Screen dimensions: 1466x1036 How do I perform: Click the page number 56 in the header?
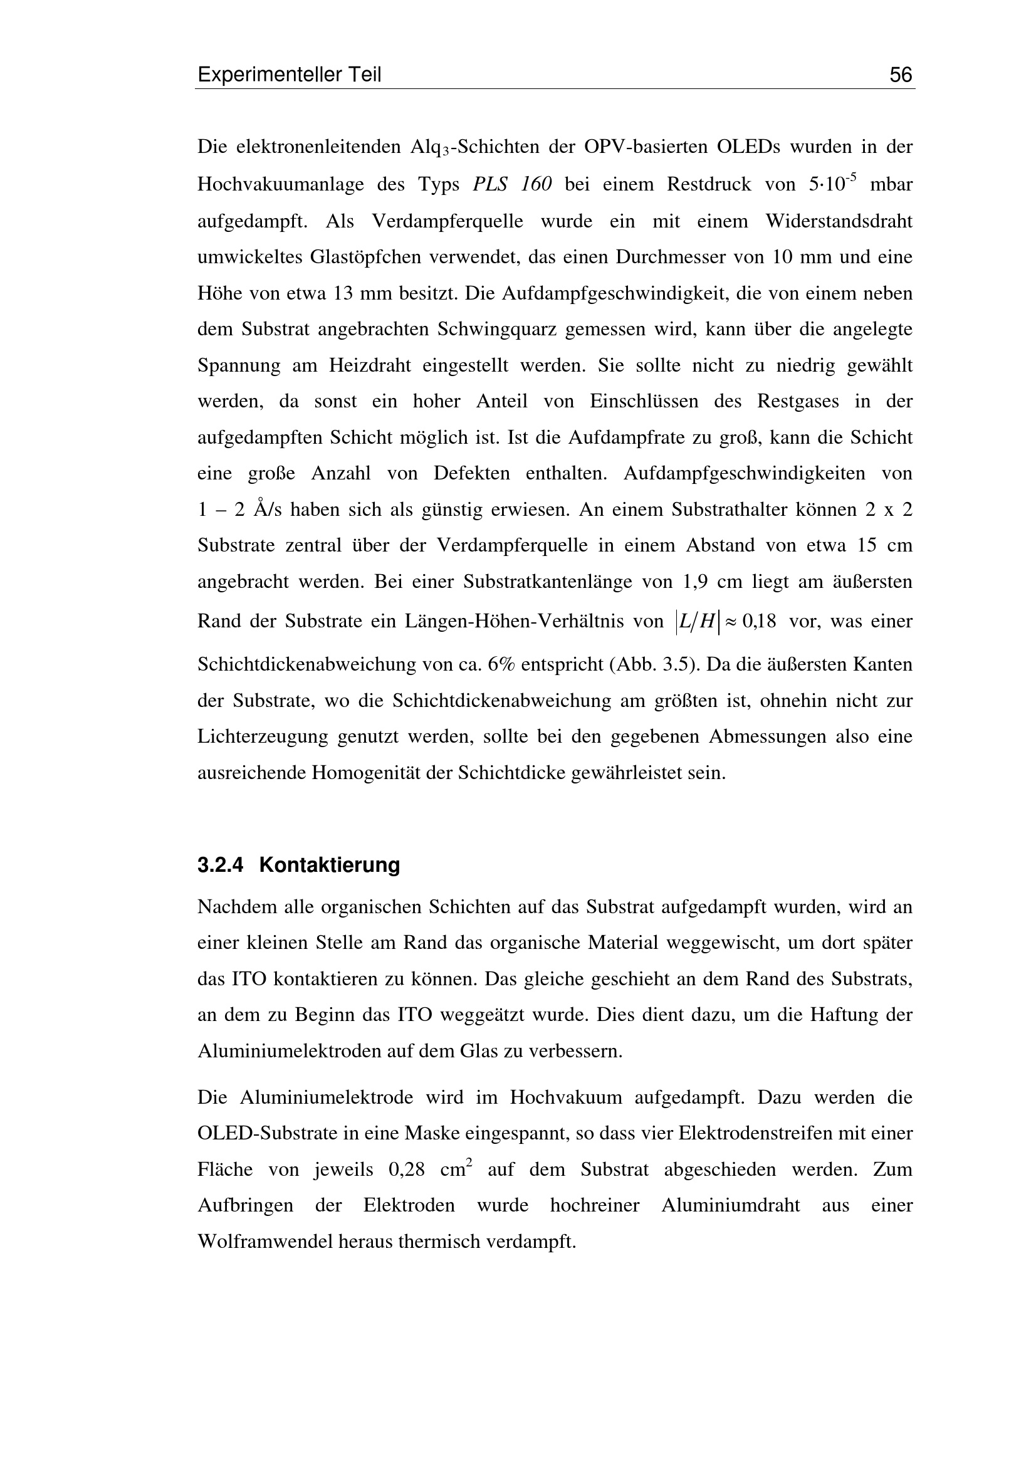point(901,75)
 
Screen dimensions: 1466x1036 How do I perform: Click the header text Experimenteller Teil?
point(289,75)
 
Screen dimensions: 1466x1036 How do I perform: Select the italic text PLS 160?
point(512,184)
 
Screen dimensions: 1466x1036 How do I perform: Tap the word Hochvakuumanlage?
point(280,184)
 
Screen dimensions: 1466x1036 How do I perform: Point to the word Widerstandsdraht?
point(839,221)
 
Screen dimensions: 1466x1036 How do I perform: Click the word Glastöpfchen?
point(367,257)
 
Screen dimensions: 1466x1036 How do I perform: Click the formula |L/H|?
point(696,621)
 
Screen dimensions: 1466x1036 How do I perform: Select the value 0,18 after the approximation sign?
point(759,621)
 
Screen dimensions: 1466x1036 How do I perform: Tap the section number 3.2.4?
point(220,865)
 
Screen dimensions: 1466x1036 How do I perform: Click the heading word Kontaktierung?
point(330,865)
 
